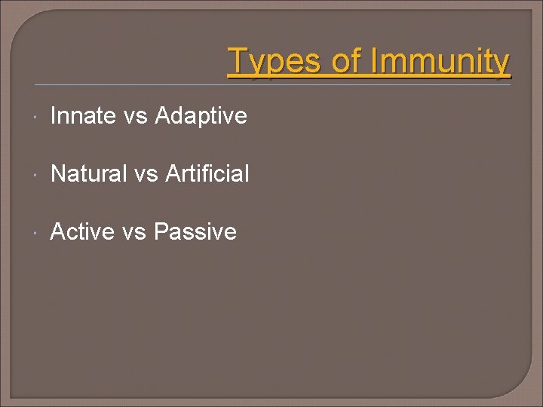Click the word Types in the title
tap(276, 61)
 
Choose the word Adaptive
tap(201, 116)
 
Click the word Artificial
tap(207, 174)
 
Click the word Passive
tap(195, 231)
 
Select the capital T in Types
tap(238, 60)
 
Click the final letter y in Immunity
tap(502, 63)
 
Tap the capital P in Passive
tap(161, 231)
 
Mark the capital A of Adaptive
tap(163, 116)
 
